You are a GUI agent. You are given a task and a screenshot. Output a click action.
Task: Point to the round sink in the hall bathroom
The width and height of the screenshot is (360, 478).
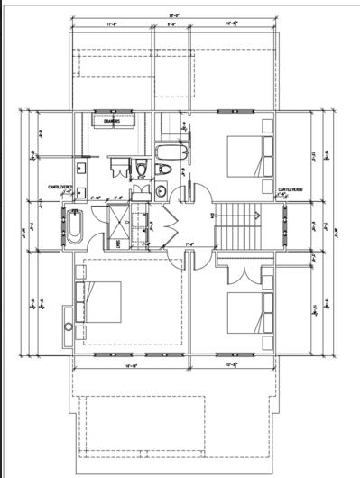(x=160, y=190)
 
